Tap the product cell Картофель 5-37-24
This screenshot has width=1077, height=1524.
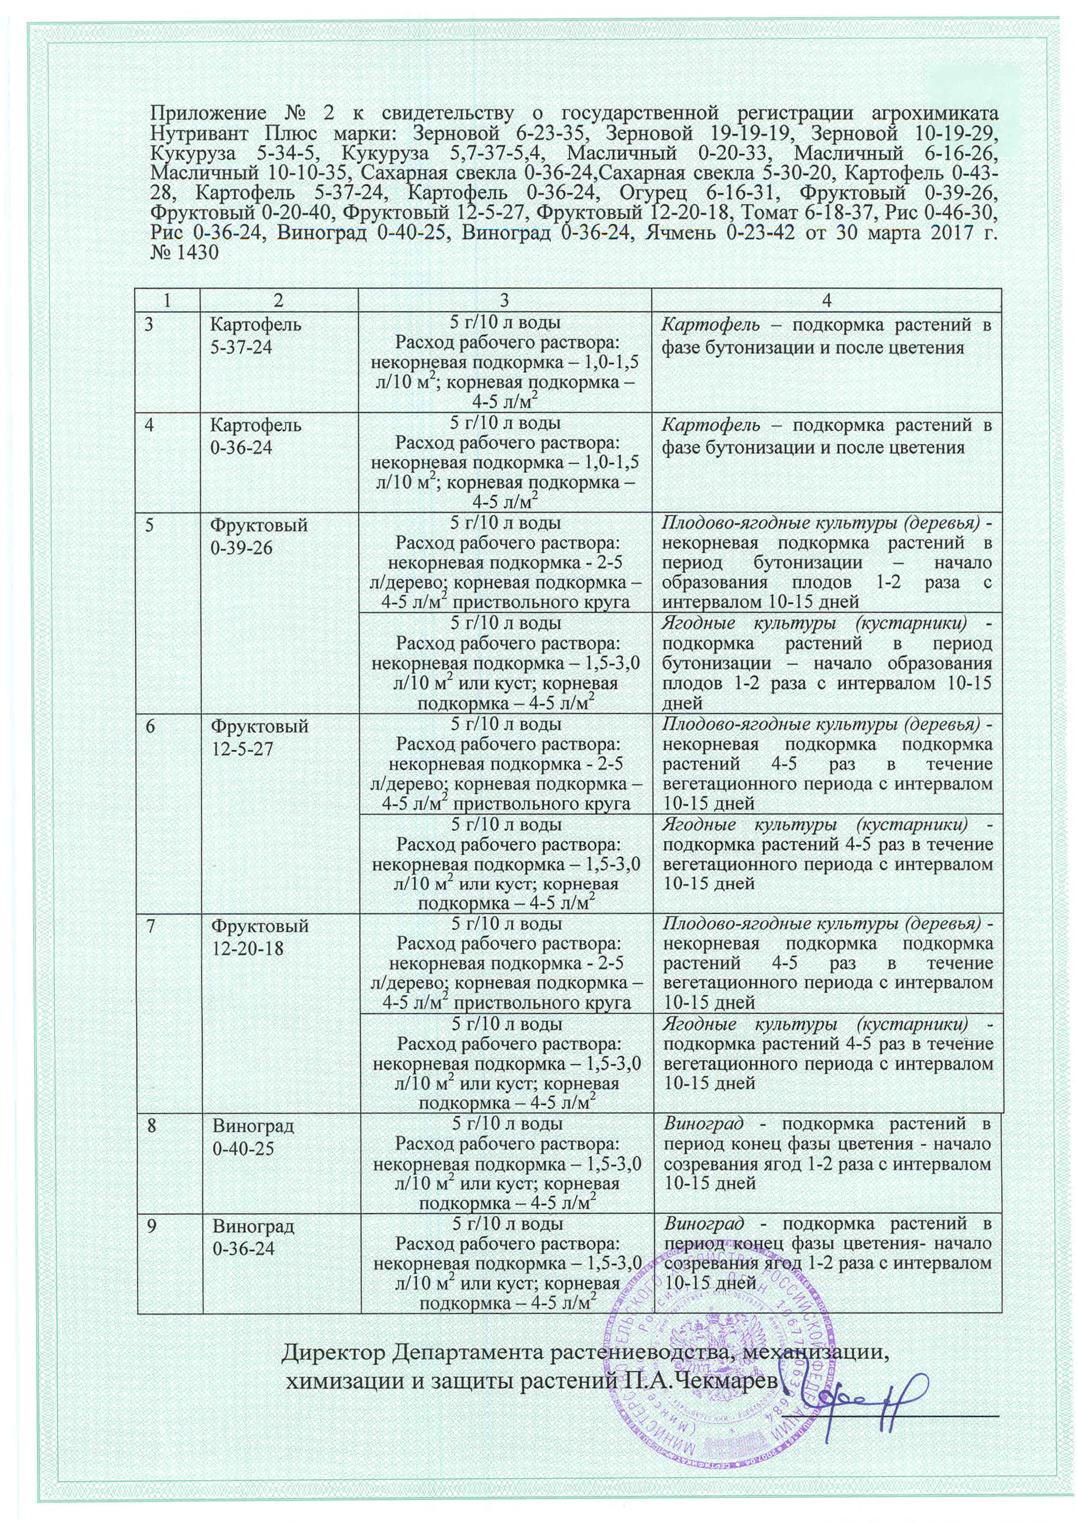pos(255,335)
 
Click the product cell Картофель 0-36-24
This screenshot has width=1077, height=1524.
pos(255,435)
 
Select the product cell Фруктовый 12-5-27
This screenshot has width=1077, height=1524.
pos(259,737)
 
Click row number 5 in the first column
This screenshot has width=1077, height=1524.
pos(150,525)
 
